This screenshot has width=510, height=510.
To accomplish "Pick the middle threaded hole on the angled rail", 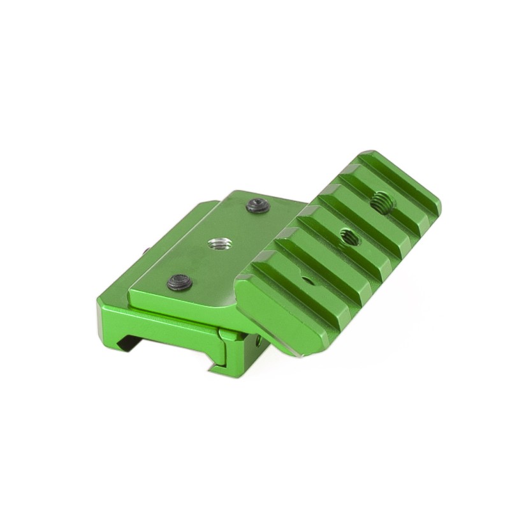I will tap(348, 235).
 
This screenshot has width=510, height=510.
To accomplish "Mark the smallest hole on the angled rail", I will tap(308, 278).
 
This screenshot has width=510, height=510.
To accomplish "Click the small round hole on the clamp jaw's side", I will tap(258, 342).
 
